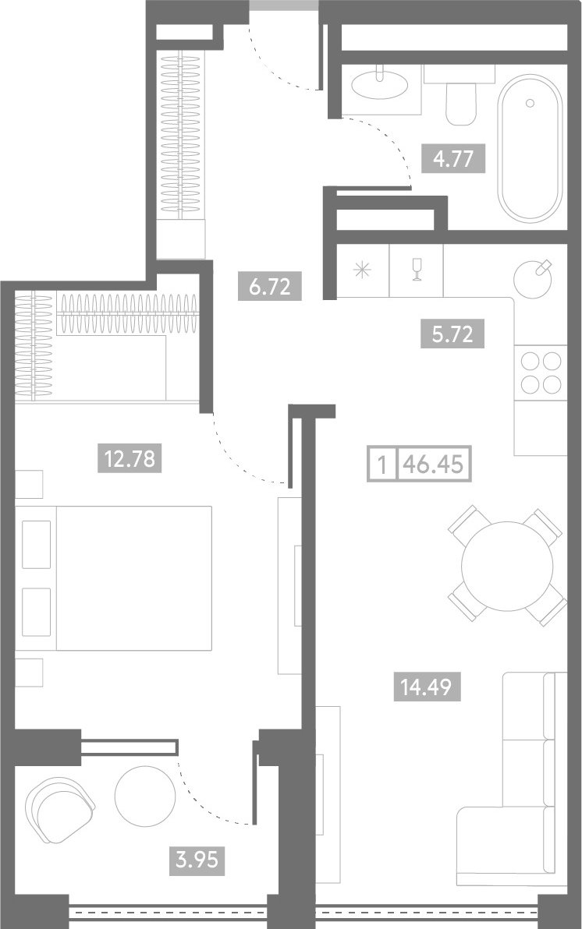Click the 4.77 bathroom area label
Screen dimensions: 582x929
pos(453,159)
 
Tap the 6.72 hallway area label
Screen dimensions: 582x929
pos(270,286)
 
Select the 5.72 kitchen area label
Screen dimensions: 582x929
pos(452,334)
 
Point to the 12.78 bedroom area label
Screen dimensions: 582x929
pos(130,458)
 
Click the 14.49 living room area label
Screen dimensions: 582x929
pos(427,687)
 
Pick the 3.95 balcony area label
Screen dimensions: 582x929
pos(197,858)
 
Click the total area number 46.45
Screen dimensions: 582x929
pos(433,464)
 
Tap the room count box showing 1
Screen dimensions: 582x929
pos(383,464)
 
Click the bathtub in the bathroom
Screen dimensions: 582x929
pos(529,148)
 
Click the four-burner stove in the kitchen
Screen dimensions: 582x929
pos(541,373)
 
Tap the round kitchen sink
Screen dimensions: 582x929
pos(533,279)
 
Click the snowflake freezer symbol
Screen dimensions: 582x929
pos(363,270)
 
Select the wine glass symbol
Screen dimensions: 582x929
pos(417,270)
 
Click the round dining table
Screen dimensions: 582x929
pos(507,566)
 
